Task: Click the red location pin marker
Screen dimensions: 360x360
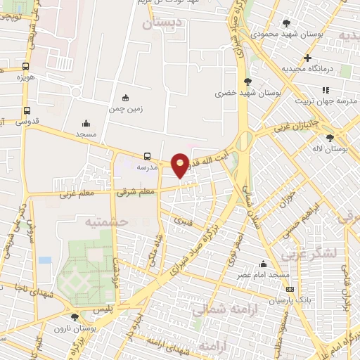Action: coord(180,165)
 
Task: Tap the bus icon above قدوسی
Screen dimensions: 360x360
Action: coord(27,110)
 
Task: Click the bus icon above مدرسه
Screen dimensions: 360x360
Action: coord(147,156)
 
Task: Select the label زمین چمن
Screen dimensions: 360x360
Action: coord(126,110)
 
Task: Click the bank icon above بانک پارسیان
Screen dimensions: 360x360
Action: coord(290,289)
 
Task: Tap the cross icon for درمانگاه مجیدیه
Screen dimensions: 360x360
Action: coord(307,58)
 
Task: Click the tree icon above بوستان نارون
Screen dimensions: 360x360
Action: coord(75,318)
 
